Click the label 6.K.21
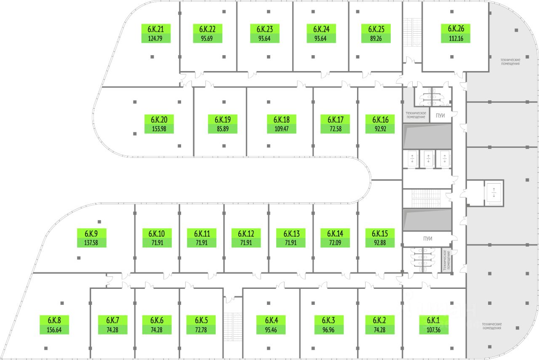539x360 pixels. click(155, 29)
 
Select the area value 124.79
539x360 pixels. click(155, 38)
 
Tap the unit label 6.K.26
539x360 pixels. click(456, 29)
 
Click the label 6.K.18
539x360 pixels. click(281, 120)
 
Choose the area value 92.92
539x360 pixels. click(380, 129)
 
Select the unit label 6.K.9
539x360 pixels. click(91, 233)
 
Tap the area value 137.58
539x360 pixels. click(91, 243)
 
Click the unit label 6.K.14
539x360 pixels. click(335, 233)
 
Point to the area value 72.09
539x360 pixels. click(335, 243)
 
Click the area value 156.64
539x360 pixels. click(54, 330)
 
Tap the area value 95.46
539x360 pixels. click(270, 330)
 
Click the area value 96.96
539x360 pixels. click(329, 330)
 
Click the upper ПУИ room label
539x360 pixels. click(440, 116)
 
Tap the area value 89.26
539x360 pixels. click(376, 38)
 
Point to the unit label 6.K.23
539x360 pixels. click(264, 29)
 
